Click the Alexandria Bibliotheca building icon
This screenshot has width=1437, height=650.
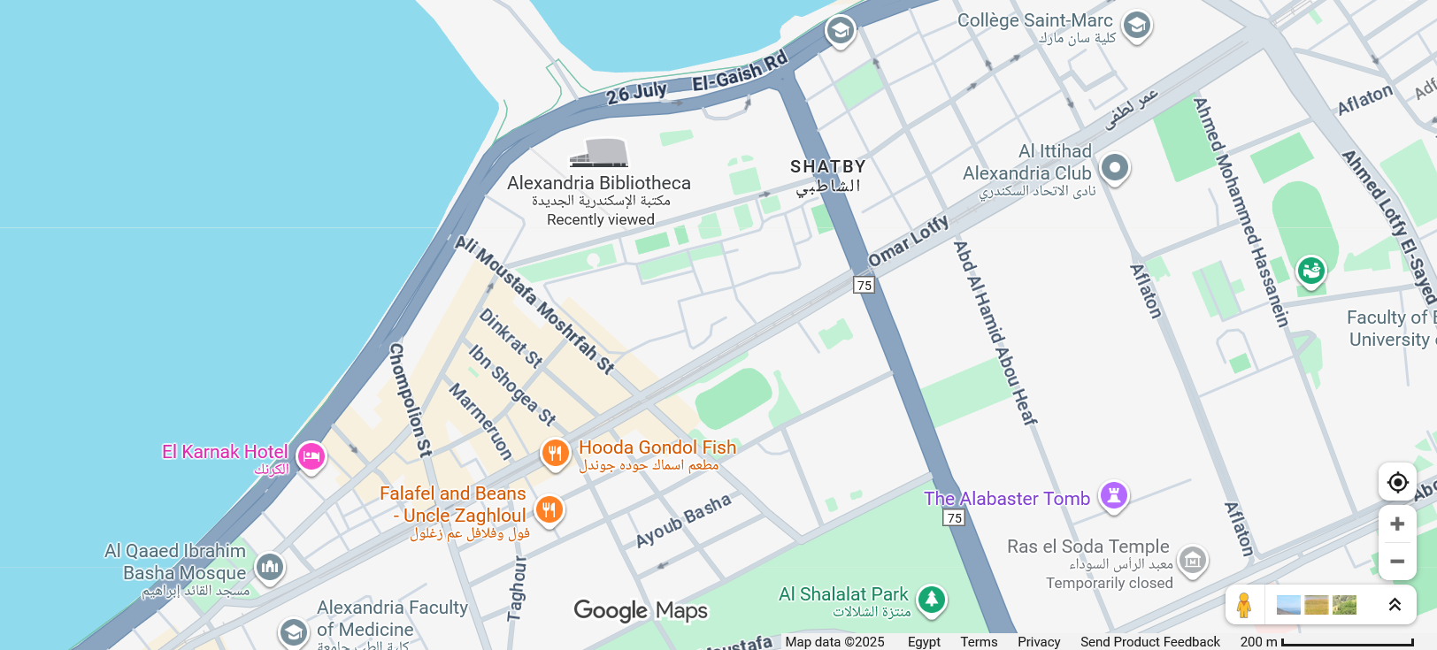(x=599, y=153)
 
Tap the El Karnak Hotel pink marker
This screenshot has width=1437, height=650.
(x=311, y=456)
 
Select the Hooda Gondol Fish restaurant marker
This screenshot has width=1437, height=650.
(x=555, y=454)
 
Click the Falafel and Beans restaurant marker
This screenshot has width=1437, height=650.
(x=549, y=509)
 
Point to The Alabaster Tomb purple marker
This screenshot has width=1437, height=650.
(x=1114, y=495)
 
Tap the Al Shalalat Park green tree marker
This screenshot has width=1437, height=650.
(x=931, y=600)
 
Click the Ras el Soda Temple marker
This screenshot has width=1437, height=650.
(x=1193, y=559)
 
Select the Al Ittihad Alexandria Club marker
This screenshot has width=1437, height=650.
(x=1115, y=167)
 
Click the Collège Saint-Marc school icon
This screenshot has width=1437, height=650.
(x=1137, y=25)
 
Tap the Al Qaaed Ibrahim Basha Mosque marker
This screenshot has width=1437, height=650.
(x=270, y=566)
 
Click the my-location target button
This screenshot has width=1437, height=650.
(x=1397, y=482)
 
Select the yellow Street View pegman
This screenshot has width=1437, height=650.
(x=1244, y=605)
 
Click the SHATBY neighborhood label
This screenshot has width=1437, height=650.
(x=827, y=166)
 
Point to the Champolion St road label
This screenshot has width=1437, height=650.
(x=411, y=400)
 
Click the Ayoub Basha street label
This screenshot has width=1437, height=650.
(x=683, y=520)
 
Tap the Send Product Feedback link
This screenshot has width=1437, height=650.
(x=1149, y=642)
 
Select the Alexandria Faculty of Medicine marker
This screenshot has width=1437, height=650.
(x=293, y=631)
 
